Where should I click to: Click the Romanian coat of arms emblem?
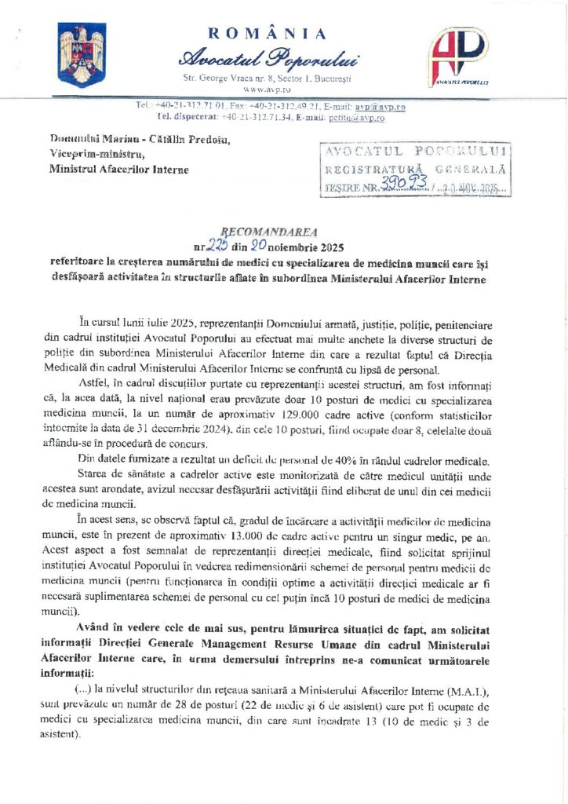click(82, 55)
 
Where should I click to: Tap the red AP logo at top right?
click(461, 57)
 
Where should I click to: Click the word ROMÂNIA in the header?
click(268, 33)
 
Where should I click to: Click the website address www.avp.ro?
click(268, 90)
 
